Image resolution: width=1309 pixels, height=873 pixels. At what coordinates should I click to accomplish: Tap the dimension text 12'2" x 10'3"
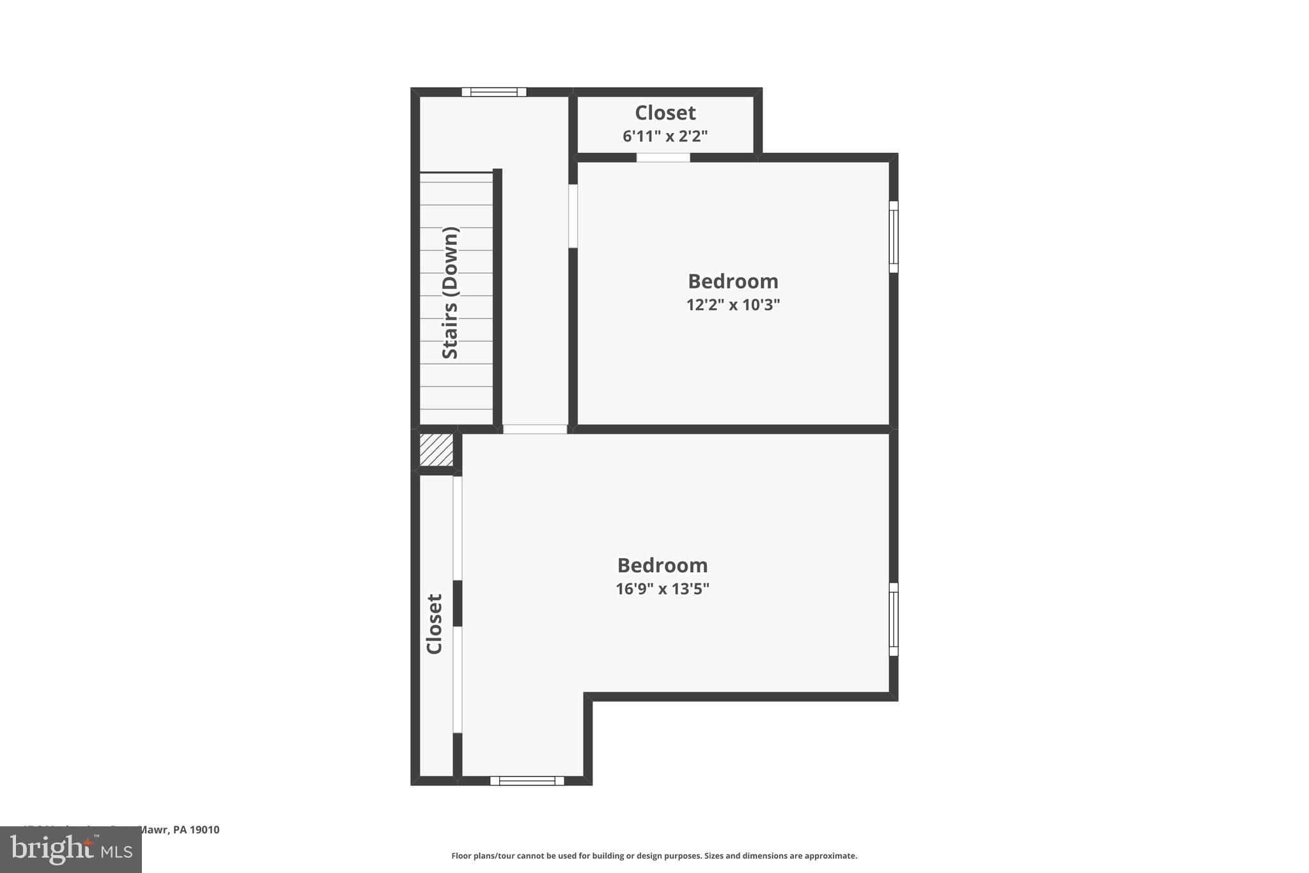tap(733, 305)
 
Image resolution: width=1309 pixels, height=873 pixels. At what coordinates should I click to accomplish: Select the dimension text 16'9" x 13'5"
tap(662, 589)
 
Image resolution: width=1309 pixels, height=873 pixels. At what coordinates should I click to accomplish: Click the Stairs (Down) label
tap(451, 293)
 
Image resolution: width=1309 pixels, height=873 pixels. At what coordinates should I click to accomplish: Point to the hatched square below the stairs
tap(437, 450)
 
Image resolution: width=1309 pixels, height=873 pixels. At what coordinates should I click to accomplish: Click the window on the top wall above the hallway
tap(494, 92)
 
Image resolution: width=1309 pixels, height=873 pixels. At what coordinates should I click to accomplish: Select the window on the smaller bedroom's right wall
tap(894, 237)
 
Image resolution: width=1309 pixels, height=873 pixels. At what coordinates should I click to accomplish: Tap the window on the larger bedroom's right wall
tap(894, 619)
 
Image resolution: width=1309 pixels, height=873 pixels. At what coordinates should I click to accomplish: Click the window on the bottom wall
tap(527, 780)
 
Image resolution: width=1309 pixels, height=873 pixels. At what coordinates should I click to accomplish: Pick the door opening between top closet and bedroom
tap(663, 157)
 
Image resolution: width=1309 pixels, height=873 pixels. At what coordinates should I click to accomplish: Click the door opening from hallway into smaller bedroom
tap(573, 216)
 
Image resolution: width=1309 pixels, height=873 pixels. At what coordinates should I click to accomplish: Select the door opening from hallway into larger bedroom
tap(535, 429)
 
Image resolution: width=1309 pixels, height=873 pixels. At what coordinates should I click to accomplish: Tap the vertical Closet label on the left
tap(435, 624)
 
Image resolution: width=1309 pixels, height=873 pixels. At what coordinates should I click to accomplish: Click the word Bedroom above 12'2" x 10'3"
tap(733, 281)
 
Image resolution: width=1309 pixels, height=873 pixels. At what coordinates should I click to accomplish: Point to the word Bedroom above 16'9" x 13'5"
tap(662, 565)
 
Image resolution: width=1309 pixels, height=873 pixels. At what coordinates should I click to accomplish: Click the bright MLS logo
tap(71, 849)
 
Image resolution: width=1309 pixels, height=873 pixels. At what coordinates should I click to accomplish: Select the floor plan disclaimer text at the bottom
tap(654, 856)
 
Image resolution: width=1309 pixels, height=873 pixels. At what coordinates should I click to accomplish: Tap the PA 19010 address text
tap(196, 830)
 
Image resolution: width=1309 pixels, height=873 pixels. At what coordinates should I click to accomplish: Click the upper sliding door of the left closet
tap(458, 528)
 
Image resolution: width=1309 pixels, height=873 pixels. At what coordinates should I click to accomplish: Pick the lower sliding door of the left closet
tap(458, 679)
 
